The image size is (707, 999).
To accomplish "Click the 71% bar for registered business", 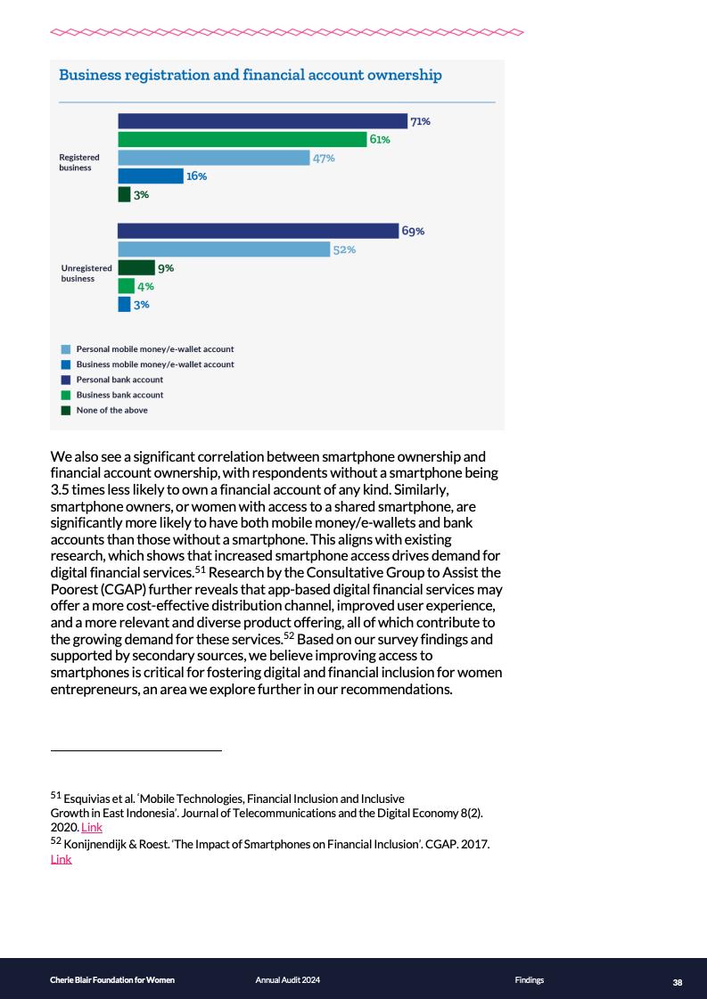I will click(262, 121).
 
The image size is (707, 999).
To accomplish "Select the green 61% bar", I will click(243, 139).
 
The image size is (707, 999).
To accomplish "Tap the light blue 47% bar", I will click(214, 158).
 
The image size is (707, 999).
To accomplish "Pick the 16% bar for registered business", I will click(151, 176).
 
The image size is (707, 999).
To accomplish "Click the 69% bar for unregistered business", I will click(258, 231).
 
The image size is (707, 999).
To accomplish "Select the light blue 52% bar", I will click(224, 250).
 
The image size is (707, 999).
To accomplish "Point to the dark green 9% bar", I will click(136, 267).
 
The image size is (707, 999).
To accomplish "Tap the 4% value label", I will click(145, 286).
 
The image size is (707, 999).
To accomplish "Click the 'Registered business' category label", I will click(79, 162).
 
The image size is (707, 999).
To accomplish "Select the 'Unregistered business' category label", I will click(86, 273).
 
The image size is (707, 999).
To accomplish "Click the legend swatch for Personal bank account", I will click(66, 380).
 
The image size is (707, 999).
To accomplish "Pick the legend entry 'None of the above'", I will click(111, 410).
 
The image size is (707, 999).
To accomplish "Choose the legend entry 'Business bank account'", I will click(119, 395).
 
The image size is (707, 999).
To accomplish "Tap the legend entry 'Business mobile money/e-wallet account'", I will click(155, 364).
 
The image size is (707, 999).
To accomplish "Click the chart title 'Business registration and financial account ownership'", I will click(250, 75).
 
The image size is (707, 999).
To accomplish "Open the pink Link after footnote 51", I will click(92, 827).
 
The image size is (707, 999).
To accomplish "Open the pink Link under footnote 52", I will click(61, 859).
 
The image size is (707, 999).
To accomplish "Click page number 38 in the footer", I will click(678, 982).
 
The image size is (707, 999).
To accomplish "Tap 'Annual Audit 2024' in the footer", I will click(287, 980).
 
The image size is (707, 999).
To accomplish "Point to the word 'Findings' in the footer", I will click(529, 980).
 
